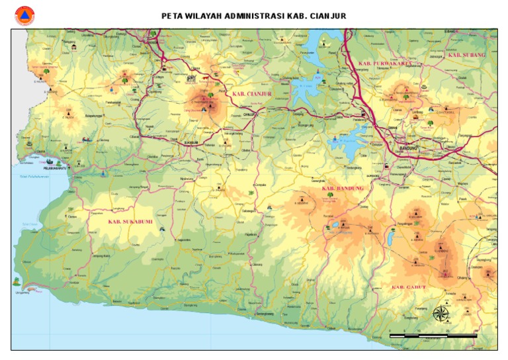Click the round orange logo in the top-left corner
point(24,15)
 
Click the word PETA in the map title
point(173,16)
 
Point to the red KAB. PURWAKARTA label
point(385,63)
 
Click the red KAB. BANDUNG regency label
point(343,189)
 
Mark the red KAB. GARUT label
point(408,287)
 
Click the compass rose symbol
point(442,313)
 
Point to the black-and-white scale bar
point(433,336)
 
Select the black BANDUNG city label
point(408,148)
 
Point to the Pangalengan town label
point(403,225)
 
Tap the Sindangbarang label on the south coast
point(265,312)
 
